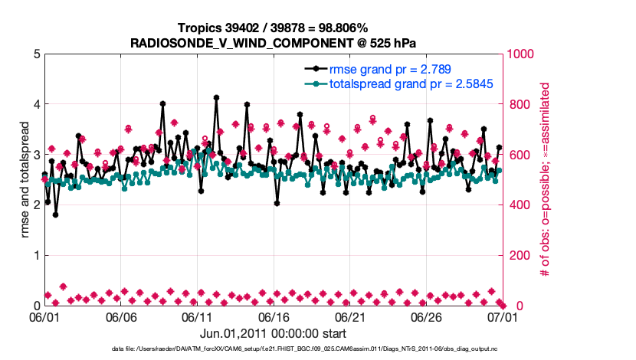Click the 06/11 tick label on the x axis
pos(197,316)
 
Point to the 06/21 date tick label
pos(349,316)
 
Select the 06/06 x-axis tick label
pos(121,316)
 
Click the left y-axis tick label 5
pos(36,54)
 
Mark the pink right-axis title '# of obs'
pos(546,179)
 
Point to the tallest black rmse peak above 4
pos(217,98)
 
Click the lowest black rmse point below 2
pos(56,215)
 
